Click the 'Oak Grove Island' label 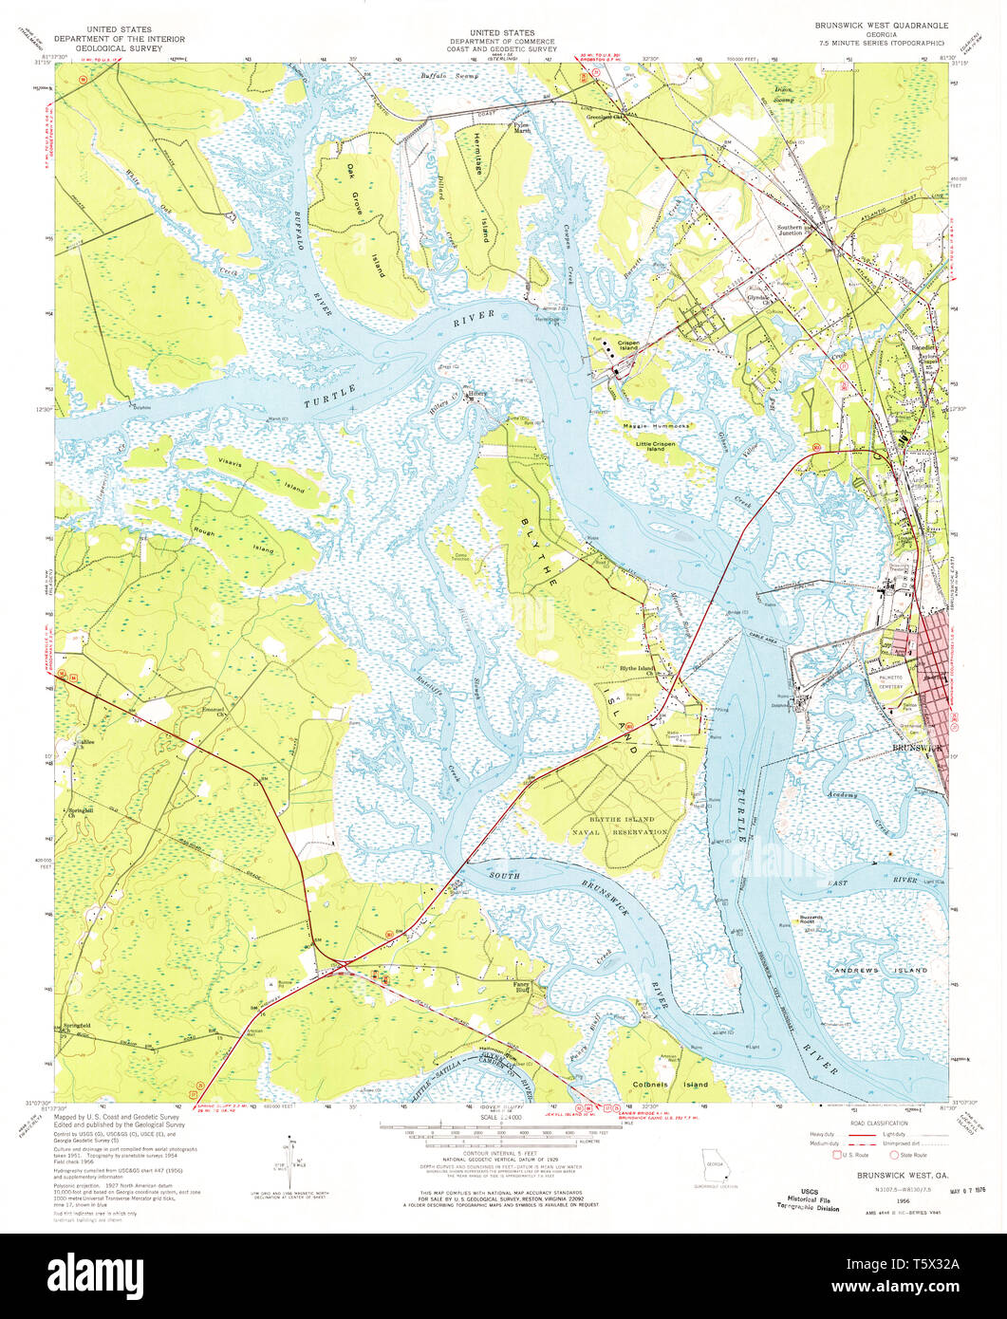[x=365, y=219]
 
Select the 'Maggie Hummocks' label [x=656, y=426]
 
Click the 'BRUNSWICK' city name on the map [x=918, y=749]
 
